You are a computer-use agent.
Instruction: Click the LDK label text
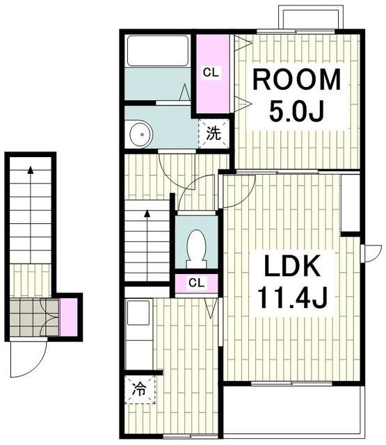click(292, 266)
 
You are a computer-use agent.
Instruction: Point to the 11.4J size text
click(292, 298)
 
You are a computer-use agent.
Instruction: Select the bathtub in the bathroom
click(158, 51)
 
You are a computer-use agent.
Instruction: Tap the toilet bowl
click(196, 248)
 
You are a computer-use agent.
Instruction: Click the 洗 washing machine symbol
click(214, 133)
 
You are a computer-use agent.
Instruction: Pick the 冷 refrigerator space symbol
click(140, 389)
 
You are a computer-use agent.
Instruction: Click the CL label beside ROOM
click(211, 72)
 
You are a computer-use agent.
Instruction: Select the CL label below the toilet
click(196, 283)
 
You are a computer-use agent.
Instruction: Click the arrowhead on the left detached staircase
click(31, 170)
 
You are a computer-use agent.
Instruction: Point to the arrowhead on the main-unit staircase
click(147, 213)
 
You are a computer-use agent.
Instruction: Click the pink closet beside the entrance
click(68, 317)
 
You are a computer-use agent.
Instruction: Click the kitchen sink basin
click(138, 312)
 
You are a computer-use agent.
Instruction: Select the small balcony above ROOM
click(311, 16)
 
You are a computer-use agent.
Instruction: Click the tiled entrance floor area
click(34, 317)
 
